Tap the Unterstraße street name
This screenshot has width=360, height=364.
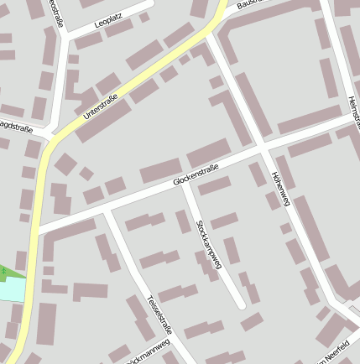[x=101, y=107]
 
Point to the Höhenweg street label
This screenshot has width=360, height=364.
[x=280, y=188]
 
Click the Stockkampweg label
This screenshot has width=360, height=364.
[x=206, y=244]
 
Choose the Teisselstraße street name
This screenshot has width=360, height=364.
[x=159, y=315]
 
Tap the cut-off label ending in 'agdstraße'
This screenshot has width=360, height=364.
[x=16, y=125]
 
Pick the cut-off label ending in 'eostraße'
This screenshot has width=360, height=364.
[x=58, y=12]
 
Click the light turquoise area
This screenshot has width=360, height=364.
[x=12, y=289]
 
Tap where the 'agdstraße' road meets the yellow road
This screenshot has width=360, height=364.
[x=48, y=138]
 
